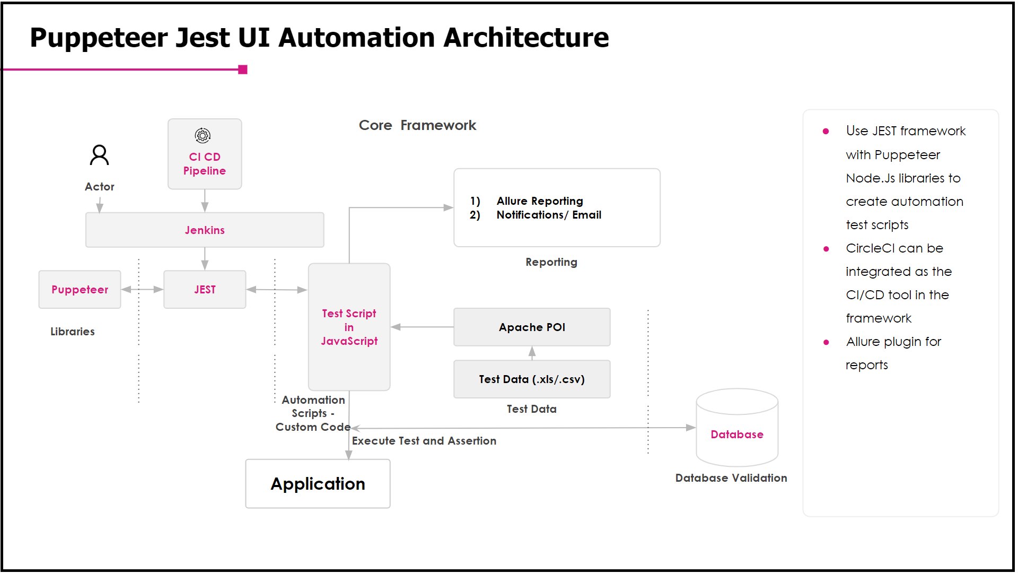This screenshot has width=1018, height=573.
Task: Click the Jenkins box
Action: tap(205, 230)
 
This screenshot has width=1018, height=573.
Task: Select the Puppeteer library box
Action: tap(80, 289)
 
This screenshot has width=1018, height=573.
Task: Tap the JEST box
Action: tap(205, 289)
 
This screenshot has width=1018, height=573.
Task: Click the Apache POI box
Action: tap(532, 327)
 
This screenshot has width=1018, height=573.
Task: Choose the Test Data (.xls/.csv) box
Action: tap(532, 379)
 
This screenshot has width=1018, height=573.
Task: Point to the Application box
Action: tap(318, 483)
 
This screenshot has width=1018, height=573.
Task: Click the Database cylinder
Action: tap(737, 428)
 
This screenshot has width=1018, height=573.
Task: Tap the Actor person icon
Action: tap(99, 155)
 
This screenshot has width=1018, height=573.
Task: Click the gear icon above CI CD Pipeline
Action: tap(203, 136)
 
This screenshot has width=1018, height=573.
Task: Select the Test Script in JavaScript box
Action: tap(349, 327)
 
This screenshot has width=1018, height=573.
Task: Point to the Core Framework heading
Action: tap(417, 125)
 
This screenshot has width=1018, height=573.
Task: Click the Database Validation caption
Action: tap(731, 478)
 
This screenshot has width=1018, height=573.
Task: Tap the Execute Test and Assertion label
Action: tap(424, 441)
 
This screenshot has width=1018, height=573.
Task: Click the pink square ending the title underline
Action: tap(243, 70)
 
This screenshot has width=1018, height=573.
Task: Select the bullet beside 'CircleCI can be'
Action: tap(826, 249)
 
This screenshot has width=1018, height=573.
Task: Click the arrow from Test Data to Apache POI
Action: tap(532, 353)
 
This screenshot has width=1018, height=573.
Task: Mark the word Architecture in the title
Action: tap(526, 38)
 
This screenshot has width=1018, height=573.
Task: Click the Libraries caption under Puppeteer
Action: tap(73, 332)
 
